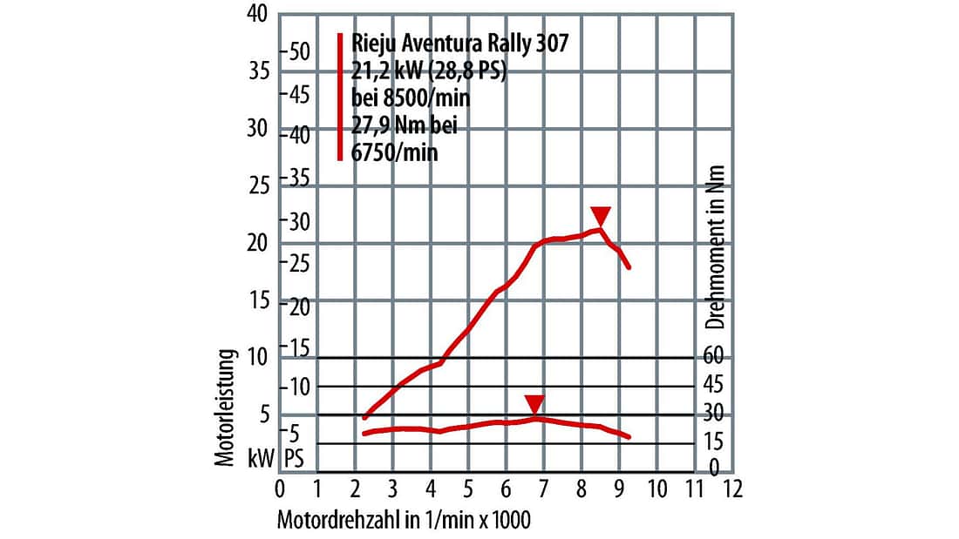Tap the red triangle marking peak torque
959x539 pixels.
pos(534,404)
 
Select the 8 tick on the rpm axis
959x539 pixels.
pos(582,488)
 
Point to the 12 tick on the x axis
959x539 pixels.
pos(732,488)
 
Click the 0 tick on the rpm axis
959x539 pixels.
pos(279,488)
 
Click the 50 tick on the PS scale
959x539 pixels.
pos(299,51)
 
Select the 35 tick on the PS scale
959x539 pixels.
pos(299,179)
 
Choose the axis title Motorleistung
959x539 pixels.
pos(227,408)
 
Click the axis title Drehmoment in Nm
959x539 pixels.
pos(716,247)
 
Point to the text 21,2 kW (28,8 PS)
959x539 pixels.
pos(427,71)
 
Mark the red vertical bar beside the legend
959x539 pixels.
pos(340,97)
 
